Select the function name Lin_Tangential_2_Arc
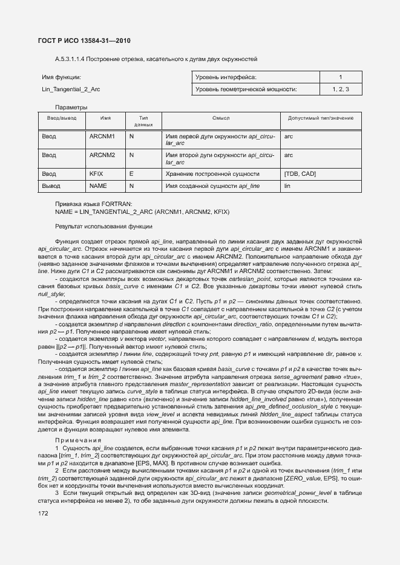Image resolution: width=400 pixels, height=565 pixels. pos(71,89)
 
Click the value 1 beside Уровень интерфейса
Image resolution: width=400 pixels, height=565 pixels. pos(341,77)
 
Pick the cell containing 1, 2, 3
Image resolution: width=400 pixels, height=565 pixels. pos(341,89)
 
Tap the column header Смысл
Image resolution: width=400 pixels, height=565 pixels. pos(220,118)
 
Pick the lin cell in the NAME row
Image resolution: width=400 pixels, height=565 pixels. pos(287,187)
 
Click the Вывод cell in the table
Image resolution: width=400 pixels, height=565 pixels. pos(51,187)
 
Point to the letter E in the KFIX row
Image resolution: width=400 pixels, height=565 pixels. pos(131,174)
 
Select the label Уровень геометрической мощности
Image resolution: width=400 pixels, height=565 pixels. pos(246,89)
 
